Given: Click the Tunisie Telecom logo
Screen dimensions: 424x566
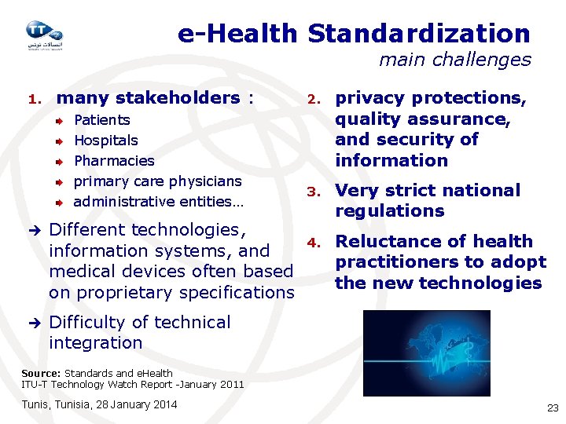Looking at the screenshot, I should coord(43,35).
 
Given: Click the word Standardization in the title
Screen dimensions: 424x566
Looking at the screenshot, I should coord(419,33).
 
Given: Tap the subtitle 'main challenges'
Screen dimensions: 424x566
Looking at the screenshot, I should coord(454,60).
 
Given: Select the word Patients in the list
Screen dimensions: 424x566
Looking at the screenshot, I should coord(101,120).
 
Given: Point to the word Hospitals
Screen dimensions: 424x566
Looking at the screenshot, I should coord(105,141).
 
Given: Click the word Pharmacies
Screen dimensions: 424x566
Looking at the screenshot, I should coord(114,161).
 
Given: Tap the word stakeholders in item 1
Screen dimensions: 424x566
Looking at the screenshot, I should coord(177,98).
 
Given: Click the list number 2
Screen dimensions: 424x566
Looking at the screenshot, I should coord(312,100).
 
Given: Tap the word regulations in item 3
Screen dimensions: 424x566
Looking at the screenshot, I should coord(389,211).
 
